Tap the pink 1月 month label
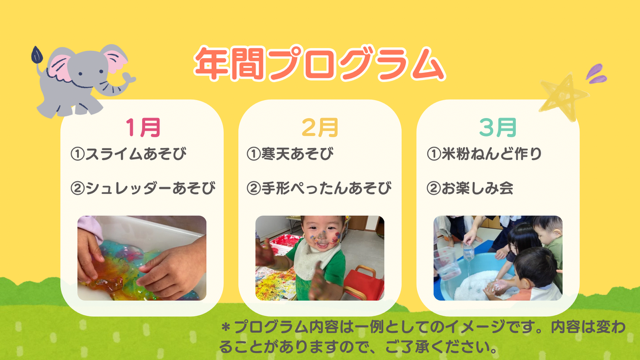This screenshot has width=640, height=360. pos(142,127)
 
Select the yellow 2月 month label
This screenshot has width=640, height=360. pos(320,127)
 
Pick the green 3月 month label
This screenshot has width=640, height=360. pos(497,127)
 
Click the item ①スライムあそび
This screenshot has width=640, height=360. pos(128,155)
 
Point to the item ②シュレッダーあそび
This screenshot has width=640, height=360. pos(143,188)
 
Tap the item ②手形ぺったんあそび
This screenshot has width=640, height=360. pos(319,188)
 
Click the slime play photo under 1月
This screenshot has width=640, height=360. pos(142,258)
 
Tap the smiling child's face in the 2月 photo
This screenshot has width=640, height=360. pos(302,243)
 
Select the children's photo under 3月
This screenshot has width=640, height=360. pos(497,258)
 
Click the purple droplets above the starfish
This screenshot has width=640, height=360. pos(596,72)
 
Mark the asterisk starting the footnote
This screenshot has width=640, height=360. pos(226,328)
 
